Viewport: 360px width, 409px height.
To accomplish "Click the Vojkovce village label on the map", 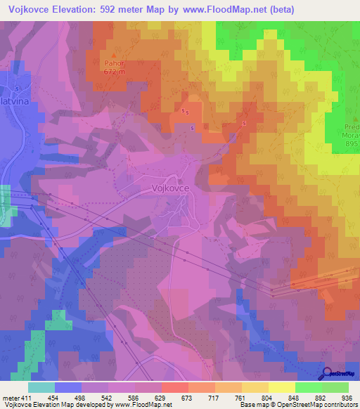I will tap(170, 188).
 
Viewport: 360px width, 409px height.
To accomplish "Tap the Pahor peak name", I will tap(112, 63).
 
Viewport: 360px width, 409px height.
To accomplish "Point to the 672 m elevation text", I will tap(113, 71).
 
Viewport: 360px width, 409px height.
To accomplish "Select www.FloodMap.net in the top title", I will tap(231, 9).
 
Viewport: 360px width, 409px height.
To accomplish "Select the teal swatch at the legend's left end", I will tap(41, 387).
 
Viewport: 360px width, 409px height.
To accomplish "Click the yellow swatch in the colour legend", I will tap(281, 387).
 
